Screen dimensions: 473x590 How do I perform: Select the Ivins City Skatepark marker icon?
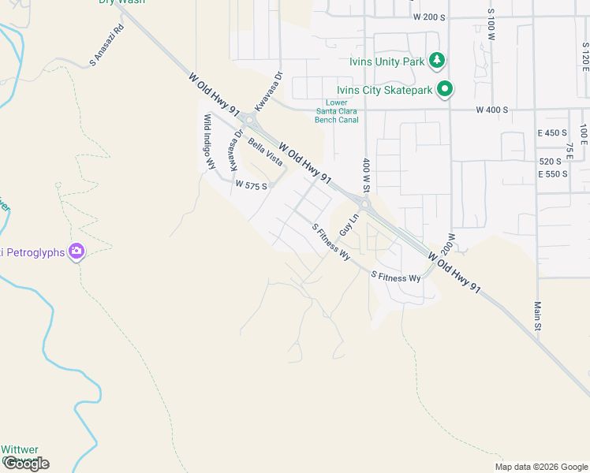(446, 90)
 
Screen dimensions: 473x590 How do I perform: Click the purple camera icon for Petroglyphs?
(77, 251)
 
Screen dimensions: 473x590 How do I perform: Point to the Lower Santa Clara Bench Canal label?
(337, 111)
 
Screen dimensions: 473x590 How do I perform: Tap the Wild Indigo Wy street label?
(210, 142)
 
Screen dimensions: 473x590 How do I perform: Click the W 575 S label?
(252, 186)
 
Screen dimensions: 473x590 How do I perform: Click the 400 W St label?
(367, 176)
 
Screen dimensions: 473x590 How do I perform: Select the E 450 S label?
(552, 133)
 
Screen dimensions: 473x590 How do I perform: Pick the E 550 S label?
(552, 173)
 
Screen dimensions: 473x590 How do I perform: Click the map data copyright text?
(540, 467)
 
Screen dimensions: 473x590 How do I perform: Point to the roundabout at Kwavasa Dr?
(249, 120)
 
